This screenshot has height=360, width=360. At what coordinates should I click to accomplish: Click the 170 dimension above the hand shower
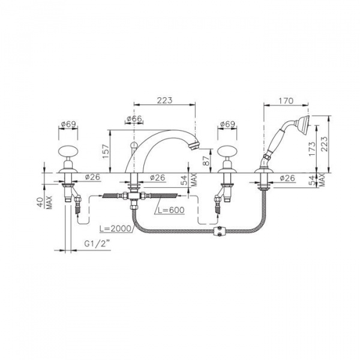point(286,101)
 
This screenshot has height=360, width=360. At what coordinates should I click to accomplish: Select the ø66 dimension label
point(134,119)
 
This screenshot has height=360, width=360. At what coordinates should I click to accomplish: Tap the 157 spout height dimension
point(106,151)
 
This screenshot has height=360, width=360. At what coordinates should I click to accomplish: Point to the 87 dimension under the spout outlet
point(206,160)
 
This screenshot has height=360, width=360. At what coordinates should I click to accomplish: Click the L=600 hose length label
point(170,210)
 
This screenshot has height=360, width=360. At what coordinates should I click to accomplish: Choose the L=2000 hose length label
point(115,229)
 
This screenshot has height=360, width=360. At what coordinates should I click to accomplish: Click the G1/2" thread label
point(96,244)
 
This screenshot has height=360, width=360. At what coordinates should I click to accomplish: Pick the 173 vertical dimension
point(312,149)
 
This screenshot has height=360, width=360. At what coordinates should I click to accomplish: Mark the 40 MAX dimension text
point(44,202)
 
